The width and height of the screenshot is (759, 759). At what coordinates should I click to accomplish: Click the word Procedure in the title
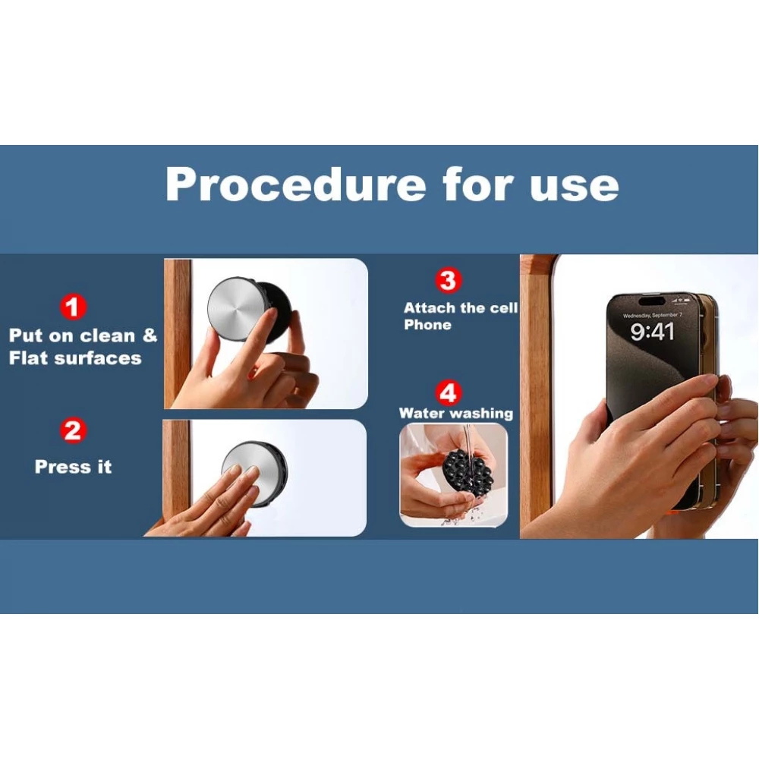coord(296,185)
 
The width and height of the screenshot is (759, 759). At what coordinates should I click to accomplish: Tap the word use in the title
coord(574,187)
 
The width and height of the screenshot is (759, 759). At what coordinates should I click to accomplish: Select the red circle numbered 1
coord(73,307)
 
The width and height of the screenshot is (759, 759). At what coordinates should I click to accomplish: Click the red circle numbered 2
coord(73,430)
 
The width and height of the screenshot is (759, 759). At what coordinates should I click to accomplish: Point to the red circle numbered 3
coord(449,280)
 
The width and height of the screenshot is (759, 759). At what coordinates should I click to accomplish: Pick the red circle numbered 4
coord(449,392)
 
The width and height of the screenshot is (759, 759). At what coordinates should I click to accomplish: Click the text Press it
coord(73,467)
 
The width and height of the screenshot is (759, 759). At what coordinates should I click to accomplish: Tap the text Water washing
coord(456,413)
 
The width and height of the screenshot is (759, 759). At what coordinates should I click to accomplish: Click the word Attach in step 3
coord(430,308)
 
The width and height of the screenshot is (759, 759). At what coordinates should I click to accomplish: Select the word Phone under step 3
coord(428,325)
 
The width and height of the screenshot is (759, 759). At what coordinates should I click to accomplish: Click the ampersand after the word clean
coord(150,335)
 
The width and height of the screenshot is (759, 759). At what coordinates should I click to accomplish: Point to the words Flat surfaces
coord(75,357)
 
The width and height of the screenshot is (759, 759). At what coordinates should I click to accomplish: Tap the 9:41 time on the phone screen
coord(652,332)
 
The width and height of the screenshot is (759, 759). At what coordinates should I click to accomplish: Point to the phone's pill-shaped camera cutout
coord(651,301)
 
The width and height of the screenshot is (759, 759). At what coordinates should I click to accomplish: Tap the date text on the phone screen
coord(652,315)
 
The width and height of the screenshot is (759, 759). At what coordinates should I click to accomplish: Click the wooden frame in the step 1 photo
coord(178,333)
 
